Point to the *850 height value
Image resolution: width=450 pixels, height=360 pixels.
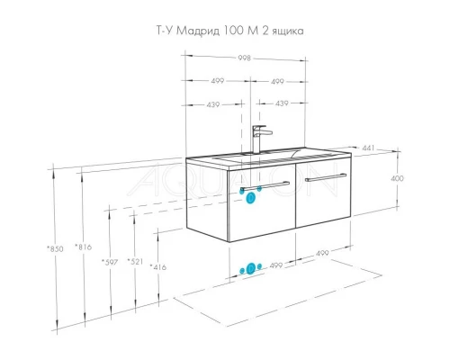pyautogui.click(x=55, y=247)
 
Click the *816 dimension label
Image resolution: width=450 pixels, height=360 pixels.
pyautogui.click(x=85, y=247)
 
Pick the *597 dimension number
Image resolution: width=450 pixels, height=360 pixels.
pyautogui.click(x=111, y=262)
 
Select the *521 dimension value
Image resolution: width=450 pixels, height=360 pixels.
pyautogui.click(x=136, y=262)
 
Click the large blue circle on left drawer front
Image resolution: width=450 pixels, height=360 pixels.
pyautogui.click(x=251, y=200)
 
